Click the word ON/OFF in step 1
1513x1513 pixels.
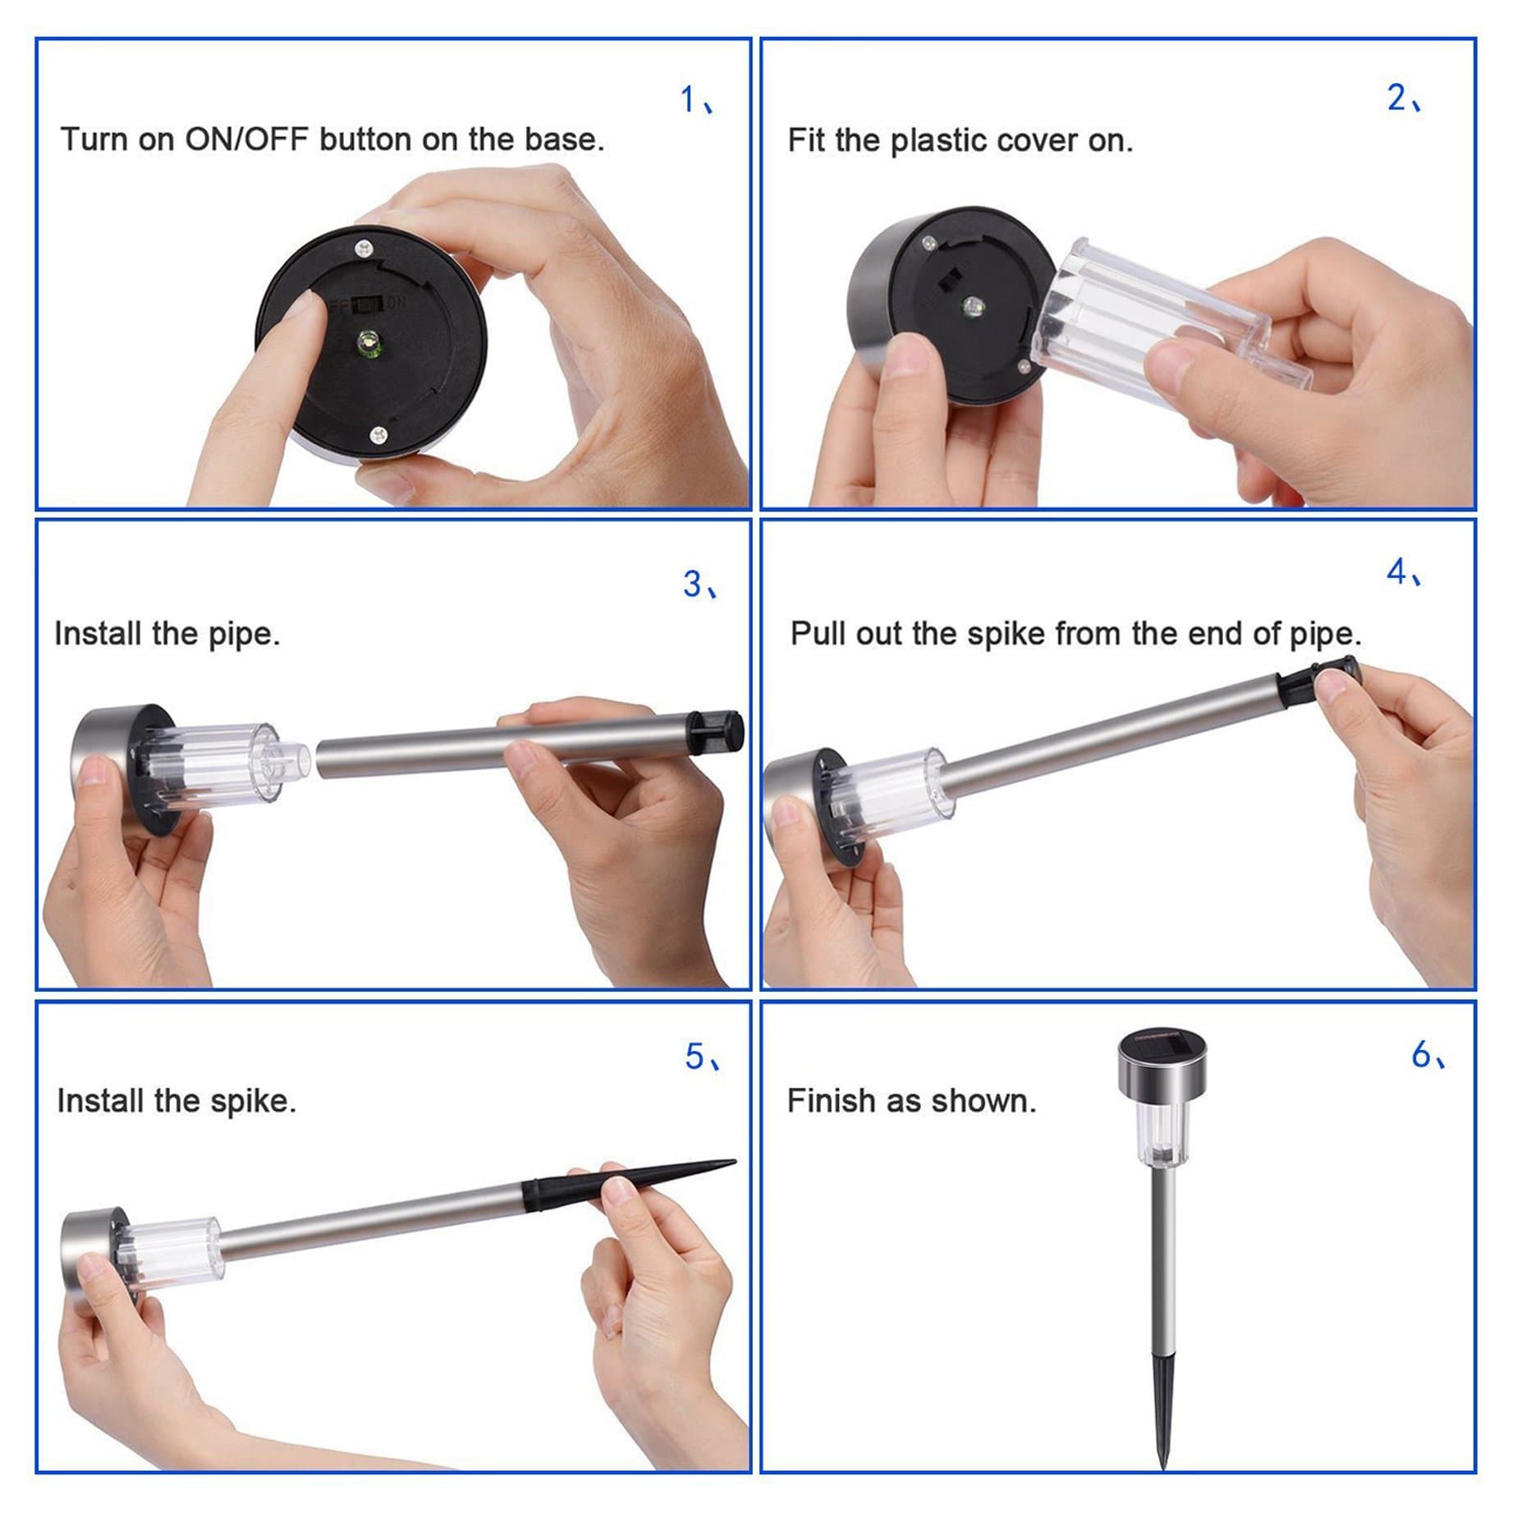tap(245, 140)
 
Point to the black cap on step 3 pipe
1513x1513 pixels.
tap(717, 730)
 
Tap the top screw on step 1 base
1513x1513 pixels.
tap(361, 245)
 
